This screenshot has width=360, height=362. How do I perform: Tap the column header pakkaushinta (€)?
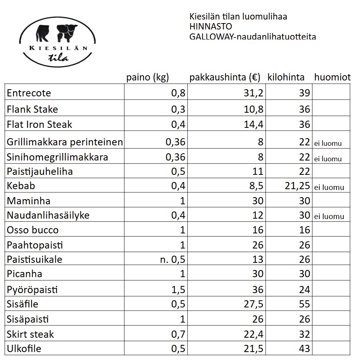pos(225,77)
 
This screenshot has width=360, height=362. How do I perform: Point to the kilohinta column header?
pos(286,77)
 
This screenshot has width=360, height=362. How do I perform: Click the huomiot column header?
pos(332,77)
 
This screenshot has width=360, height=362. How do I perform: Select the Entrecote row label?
pos(29,93)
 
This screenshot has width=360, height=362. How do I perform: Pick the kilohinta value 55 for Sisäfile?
pos(304,304)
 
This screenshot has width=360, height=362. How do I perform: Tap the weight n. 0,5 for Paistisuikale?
pos(172,260)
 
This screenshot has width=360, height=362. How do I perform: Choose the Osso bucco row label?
pos(33,230)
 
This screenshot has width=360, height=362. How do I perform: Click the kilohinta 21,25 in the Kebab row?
pos(295,186)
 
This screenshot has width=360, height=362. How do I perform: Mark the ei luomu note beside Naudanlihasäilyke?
pos(329,217)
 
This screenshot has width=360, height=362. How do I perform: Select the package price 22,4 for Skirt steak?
pos(254,334)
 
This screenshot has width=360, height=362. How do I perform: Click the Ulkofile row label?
pos(24,349)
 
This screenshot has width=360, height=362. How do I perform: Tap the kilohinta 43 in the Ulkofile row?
pos(304,349)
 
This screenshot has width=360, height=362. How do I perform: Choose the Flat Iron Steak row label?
pos(39,124)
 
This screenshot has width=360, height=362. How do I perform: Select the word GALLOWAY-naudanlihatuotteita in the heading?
pos(253,37)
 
